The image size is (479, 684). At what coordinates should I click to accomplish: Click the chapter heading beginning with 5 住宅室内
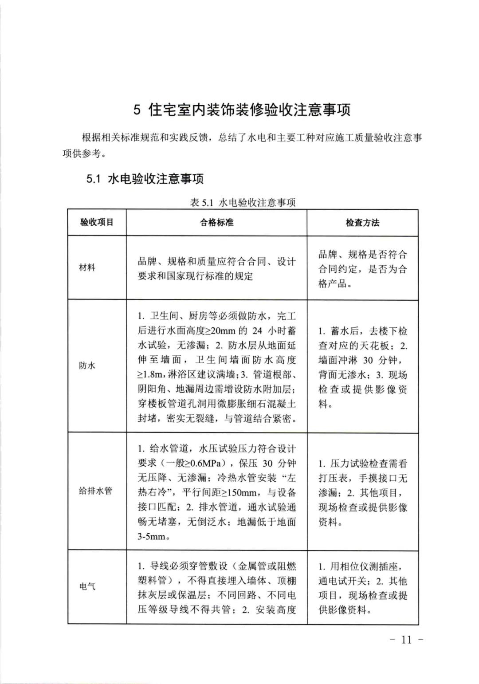tap(242, 110)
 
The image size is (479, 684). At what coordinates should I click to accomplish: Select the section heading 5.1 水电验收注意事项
tap(145, 179)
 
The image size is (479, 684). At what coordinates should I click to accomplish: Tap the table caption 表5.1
tap(243, 203)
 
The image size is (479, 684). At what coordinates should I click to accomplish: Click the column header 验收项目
tap(97, 222)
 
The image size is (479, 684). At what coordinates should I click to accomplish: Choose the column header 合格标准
tap(216, 222)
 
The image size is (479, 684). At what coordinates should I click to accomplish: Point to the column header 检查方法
tap(362, 222)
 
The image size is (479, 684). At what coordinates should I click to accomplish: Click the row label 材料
tap(87, 267)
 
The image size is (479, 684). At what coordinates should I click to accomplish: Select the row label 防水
tap(87, 366)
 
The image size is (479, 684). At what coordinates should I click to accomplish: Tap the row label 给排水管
tap(95, 491)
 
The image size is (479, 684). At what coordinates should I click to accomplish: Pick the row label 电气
tap(87, 586)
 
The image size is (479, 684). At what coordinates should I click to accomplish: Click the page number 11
tap(406, 639)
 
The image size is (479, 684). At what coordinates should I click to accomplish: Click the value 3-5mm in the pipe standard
tap(152, 536)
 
